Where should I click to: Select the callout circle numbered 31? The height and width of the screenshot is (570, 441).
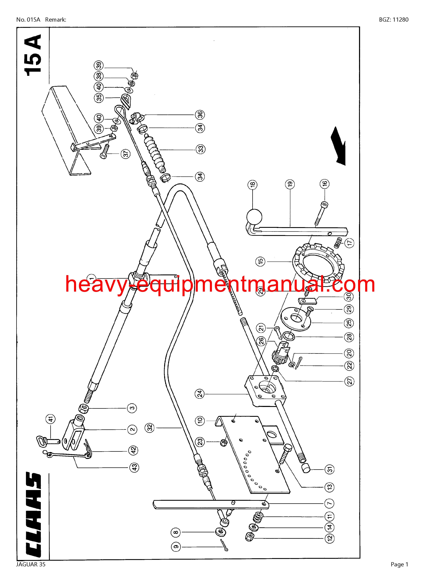pyautogui.click(x=330, y=469)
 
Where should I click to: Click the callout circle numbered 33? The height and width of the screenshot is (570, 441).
pyautogui.click(x=200, y=149)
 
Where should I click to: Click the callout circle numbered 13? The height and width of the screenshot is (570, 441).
pyautogui.click(x=330, y=486)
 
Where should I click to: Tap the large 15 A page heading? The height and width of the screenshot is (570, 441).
pyautogui.click(x=33, y=55)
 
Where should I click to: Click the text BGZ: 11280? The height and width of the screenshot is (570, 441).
pyautogui.click(x=394, y=20)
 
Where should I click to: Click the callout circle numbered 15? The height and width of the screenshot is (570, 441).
pyautogui.click(x=261, y=261)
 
